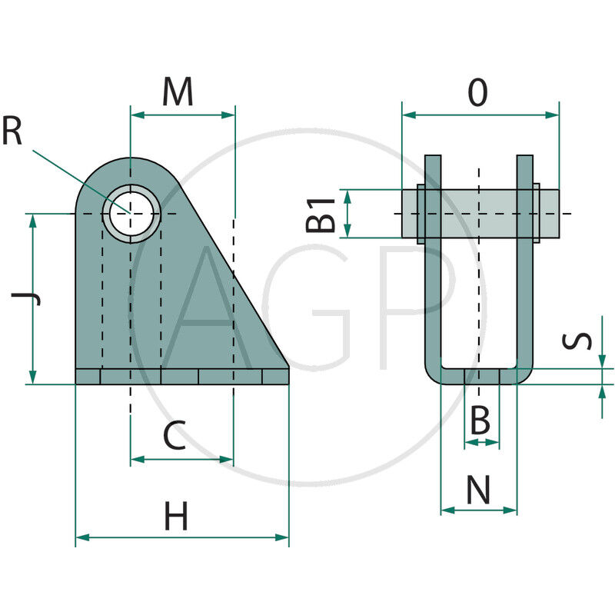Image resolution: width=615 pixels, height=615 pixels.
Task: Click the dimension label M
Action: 178,93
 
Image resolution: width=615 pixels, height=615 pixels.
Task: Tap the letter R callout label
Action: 12,131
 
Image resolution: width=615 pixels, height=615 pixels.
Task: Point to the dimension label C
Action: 175,437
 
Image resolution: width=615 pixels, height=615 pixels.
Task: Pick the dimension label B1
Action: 320,214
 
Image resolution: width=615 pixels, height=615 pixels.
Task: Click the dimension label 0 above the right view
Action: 478,94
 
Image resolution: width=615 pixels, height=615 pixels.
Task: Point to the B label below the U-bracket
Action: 480,421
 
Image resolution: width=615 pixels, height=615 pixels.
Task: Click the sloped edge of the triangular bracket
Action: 238,277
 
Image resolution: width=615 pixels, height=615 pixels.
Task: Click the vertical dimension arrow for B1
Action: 347,214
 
